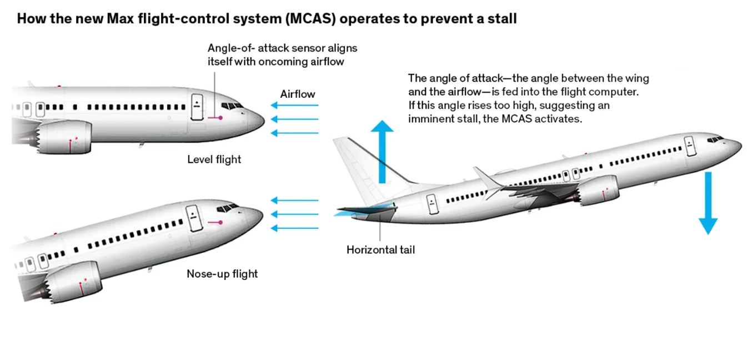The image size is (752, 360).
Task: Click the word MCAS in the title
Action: (x=310, y=18)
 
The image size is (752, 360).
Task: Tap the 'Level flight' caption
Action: (x=214, y=159)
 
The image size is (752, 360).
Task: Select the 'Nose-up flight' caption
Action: (x=222, y=274)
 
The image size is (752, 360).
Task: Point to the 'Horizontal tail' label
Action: (x=380, y=250)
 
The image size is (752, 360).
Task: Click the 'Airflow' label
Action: (x=298, y=94)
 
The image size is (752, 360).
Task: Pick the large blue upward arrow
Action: (x=382, y=152)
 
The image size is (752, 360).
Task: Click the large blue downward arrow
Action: (x=708, y=203)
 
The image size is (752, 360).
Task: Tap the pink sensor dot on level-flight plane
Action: (x=220, y=118)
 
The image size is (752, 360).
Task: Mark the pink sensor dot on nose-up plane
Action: (x=220, y=222)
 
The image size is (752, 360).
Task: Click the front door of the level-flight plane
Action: (x=197, y=107)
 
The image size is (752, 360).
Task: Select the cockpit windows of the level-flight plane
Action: (x=232, y=106)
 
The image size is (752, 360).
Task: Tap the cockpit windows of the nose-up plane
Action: (x=228, y=208)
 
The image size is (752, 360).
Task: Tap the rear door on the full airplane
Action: (x=432, y=204)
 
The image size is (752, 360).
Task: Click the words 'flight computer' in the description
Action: (x=600, y=92)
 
